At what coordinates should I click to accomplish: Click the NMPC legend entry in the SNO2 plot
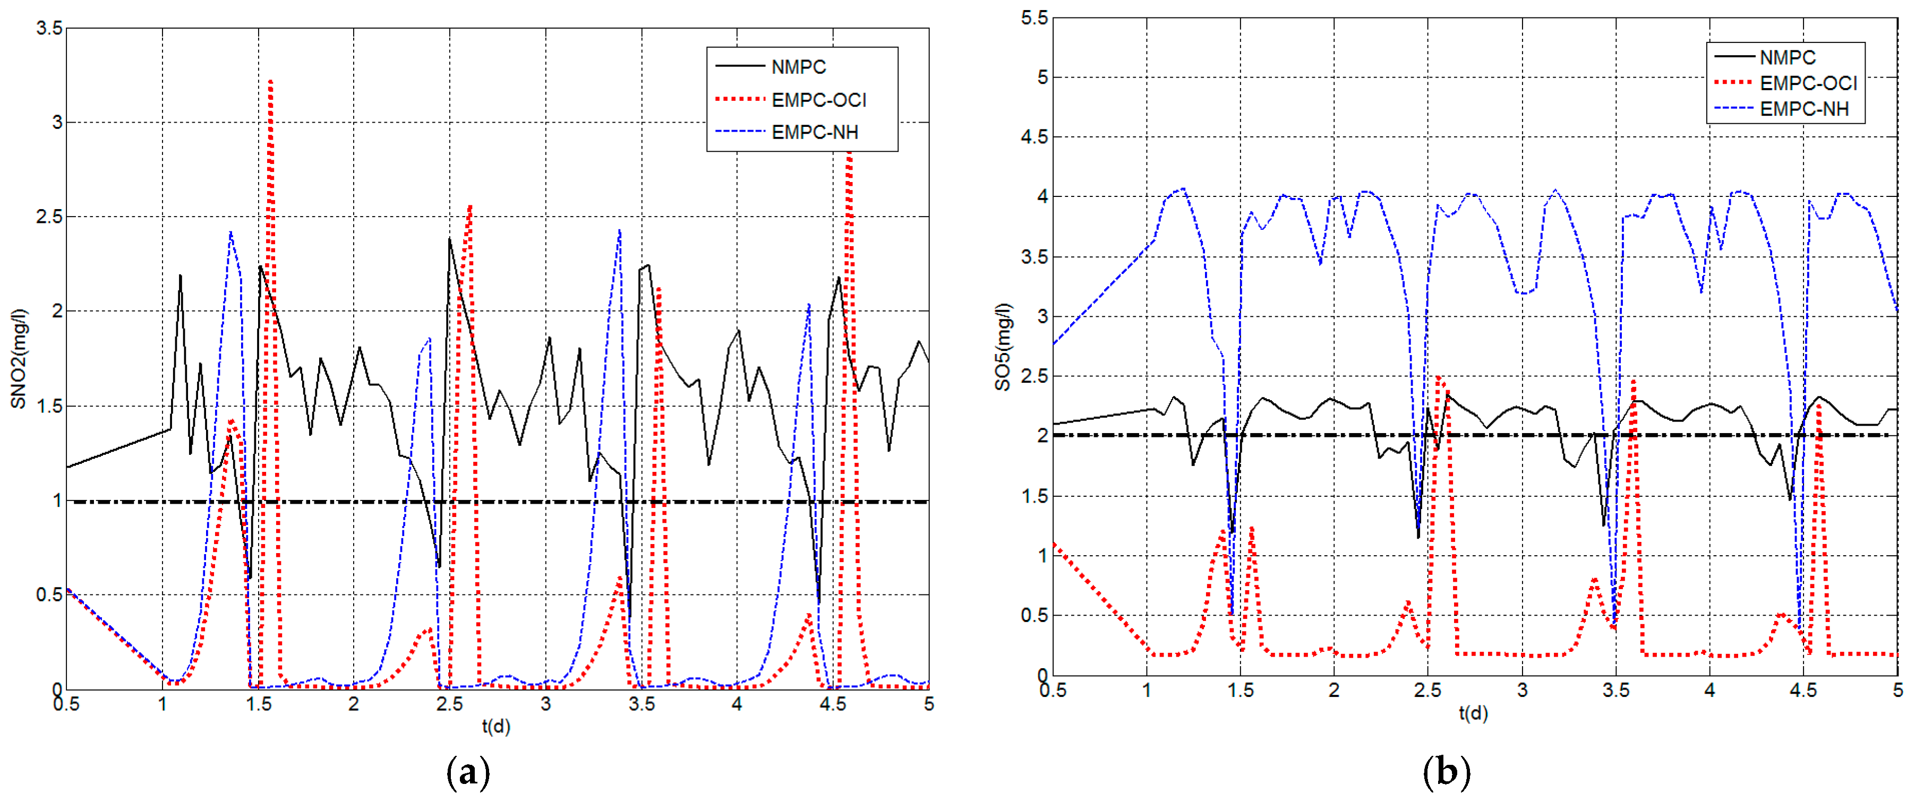[798, 67]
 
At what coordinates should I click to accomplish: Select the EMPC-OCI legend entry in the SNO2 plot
[818, 100]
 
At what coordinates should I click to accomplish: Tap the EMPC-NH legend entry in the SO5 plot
[1803, 109]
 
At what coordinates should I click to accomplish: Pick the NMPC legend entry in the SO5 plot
[1786, 57]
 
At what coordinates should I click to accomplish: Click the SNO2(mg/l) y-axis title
[19, 358]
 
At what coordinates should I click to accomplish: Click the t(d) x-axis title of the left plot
[496, 726]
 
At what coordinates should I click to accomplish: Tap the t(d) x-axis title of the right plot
[1473, 713]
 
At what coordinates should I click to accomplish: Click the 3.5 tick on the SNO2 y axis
[49, 28]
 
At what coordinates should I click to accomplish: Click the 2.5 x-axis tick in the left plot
[450, 704]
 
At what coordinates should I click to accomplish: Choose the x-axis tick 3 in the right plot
[1521, 691]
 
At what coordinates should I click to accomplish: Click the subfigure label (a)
[468, 773]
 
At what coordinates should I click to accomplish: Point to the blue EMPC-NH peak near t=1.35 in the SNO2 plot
[231, 232]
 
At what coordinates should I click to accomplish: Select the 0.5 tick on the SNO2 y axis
[49, 594]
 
